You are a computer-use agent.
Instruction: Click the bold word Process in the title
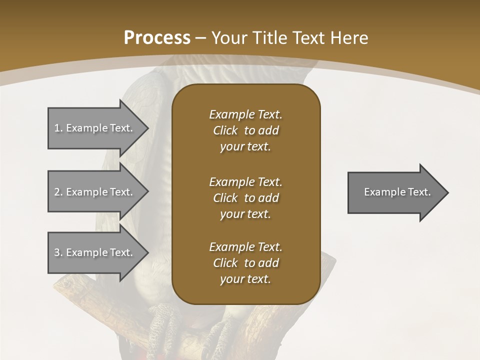(157, 37)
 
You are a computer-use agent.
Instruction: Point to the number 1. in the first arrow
(58, 128)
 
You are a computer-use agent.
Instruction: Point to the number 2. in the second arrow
(58, 192)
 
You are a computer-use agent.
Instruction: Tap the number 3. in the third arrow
(58, 252)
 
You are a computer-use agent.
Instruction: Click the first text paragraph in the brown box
(245, 130)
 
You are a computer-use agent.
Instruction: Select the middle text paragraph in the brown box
(245, 198)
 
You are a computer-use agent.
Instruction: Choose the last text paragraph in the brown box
(245, 263)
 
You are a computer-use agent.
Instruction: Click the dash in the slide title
(201, 38)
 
